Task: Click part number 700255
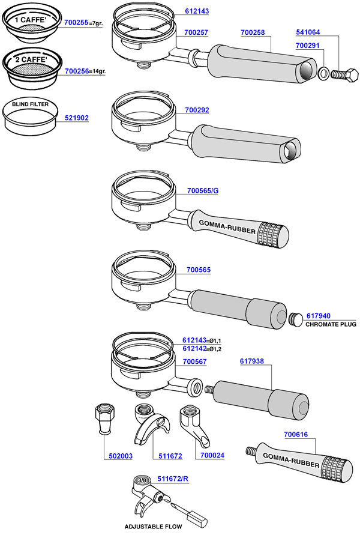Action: tap(76, 23)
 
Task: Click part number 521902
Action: tap(76, 118)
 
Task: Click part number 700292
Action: tap(197, 110)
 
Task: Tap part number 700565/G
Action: tap(203, 191)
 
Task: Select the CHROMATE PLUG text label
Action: tap(331, 324)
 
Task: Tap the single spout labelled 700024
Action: tap(193, 425)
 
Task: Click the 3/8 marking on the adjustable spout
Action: tap(142, 480)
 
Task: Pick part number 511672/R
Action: tap(172, 479)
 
